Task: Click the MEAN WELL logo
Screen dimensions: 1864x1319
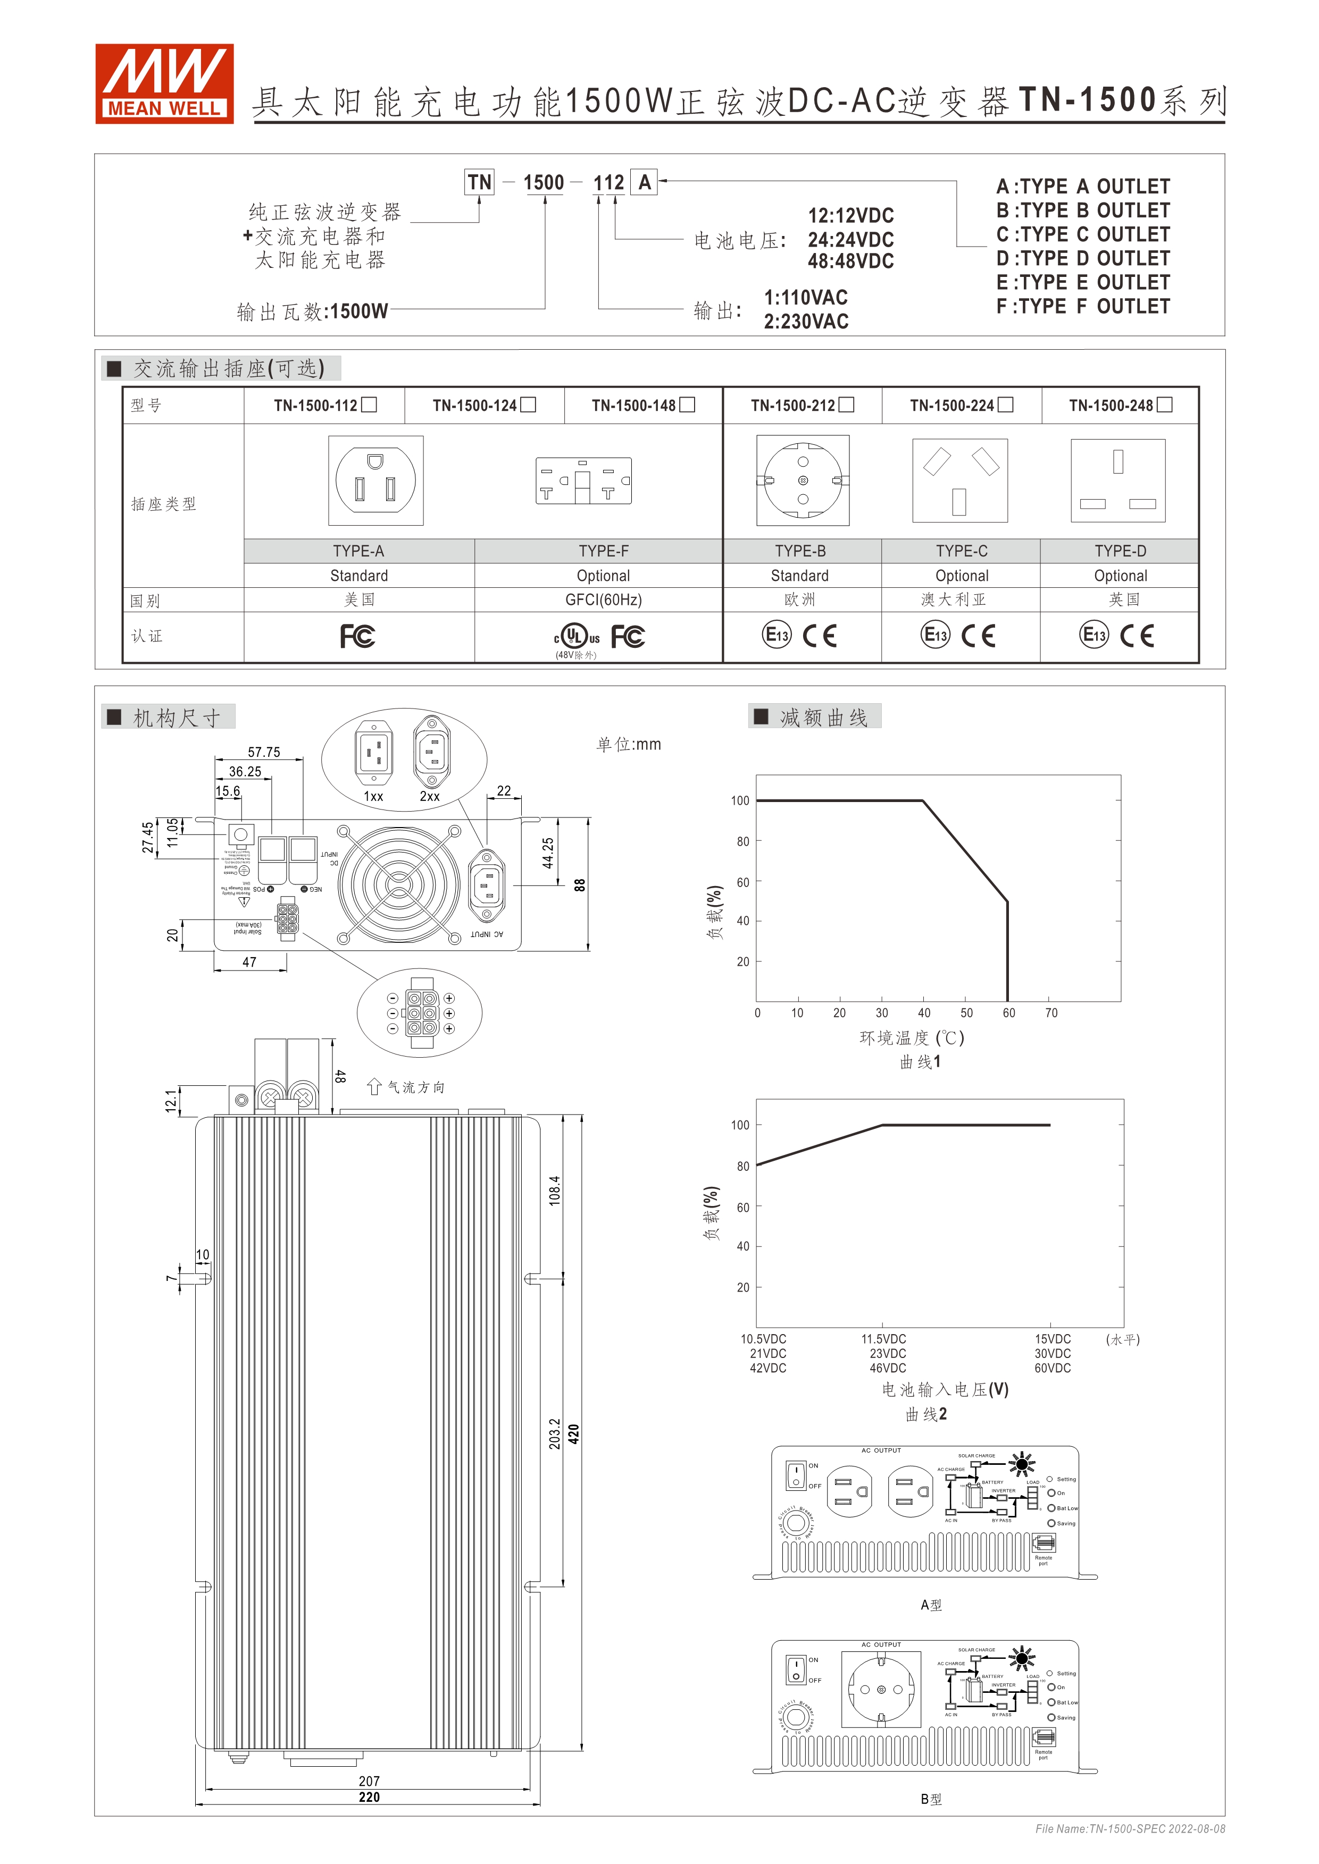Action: pos(164,83)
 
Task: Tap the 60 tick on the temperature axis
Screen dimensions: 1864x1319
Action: pos(1009,1013)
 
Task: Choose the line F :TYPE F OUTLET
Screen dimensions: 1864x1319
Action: pos(1083,307)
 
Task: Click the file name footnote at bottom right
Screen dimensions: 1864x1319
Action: pos(1130,1828)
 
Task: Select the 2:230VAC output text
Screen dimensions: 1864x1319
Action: pos(806,322)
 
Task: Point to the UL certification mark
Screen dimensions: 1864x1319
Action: pos(575,636)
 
